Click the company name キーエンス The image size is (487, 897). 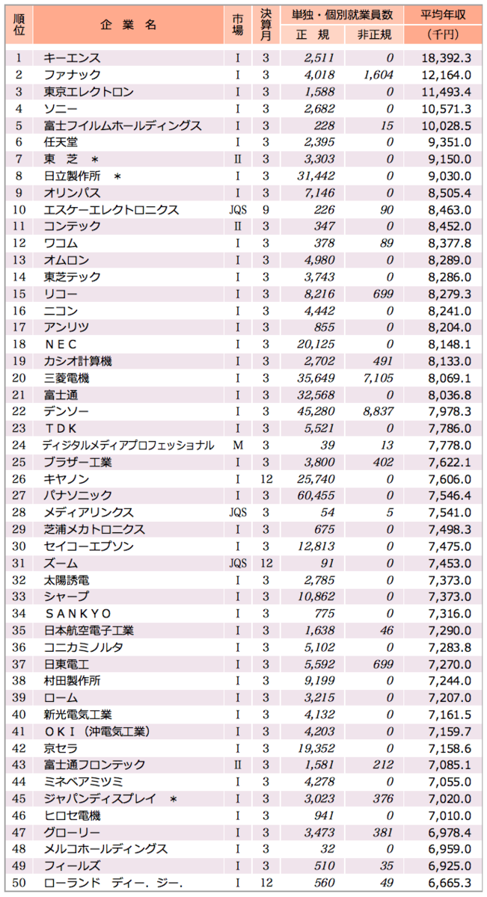click(x=72, y=58)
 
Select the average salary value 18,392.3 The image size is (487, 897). click(x=447, y=58)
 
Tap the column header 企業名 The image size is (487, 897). click(x=128, y=25)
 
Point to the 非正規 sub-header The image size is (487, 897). click(x=374, y=34)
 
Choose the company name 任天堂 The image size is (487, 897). click(x=61, y=142)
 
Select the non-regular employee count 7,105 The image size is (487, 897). click(x=377, y=377)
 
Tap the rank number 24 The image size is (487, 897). click(x=19, y=445)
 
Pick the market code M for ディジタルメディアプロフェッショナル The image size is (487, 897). click(x=237, y=445)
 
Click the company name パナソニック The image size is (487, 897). click(x=78, y=496)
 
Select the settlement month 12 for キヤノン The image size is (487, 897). click(x=266, y=478)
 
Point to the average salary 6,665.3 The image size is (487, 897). click(x=447, y=882)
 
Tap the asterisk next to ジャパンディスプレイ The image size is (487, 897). click(x=174, y=798)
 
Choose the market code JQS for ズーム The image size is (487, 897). click(x=237, y=563)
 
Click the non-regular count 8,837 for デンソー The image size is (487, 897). click(x=377, y=411)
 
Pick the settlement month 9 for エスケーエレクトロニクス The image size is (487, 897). click(x=266, y=209)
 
